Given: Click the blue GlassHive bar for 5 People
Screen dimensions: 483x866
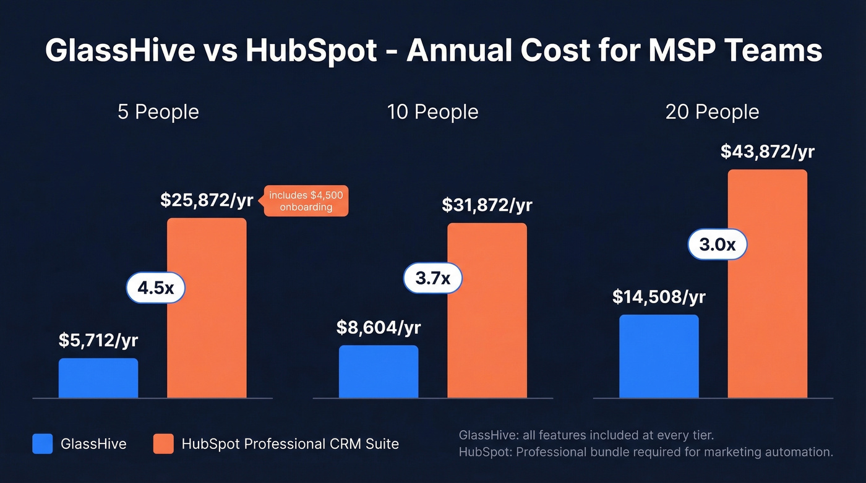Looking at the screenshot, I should tap(98, 378).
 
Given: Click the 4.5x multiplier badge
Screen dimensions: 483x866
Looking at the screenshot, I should tap(156, 288).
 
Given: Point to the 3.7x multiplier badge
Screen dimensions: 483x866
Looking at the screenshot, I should tap(432, 278).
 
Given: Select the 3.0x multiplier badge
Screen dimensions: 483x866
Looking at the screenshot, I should tap(718, 245).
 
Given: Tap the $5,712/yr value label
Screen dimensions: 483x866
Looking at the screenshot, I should tap(99, 340).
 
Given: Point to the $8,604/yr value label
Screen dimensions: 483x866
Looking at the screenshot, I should tap(379, 327).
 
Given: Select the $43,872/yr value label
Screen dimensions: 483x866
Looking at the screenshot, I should tap(767, 152).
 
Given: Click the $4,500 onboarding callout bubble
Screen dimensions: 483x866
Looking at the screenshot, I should tap(306, 201).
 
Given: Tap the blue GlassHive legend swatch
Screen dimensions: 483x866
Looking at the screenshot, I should tap(43, 443).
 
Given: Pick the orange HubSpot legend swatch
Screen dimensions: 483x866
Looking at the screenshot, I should tap(163, 443).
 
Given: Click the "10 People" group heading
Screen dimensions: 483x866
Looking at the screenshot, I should tap(432, 112).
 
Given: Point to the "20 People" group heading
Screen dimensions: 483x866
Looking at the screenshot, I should tap(712, 112).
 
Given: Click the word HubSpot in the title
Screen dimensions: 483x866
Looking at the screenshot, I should tap(311, 51).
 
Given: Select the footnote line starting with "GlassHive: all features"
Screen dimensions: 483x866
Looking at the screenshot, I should tap(586, 435).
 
